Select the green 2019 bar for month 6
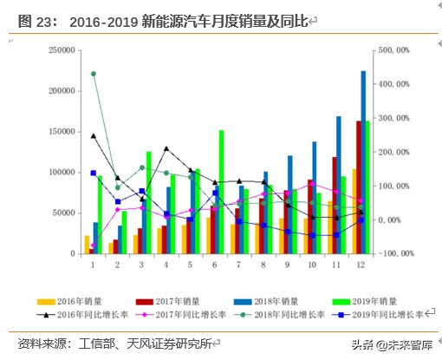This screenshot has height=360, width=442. [221, 192]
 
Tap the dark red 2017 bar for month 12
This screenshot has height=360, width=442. [357, 187]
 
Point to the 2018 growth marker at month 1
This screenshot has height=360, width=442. [93, 74]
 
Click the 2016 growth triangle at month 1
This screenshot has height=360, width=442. [93, 135]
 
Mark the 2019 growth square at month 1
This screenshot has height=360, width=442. [93, 173]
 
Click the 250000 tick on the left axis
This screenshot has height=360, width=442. [55, 50]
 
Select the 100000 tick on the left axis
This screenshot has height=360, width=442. [55, 172]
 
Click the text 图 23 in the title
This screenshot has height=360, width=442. [35, 19]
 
